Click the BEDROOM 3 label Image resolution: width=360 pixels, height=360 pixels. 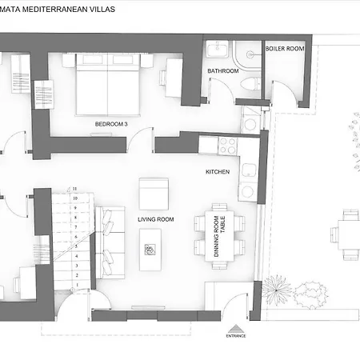point(112,124)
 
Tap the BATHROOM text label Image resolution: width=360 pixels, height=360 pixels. point(224,71)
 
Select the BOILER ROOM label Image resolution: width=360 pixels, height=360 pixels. point(285,49)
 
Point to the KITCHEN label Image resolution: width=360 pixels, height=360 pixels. point(218,172)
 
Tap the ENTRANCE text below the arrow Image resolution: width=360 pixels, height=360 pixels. point(235,336)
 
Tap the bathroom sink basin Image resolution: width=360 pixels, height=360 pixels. point(216,50)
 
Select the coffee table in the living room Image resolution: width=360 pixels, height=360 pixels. point(150,249)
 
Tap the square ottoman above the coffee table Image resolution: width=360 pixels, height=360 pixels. point(154,193)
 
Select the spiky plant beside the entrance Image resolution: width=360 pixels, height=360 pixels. point(277,286)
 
